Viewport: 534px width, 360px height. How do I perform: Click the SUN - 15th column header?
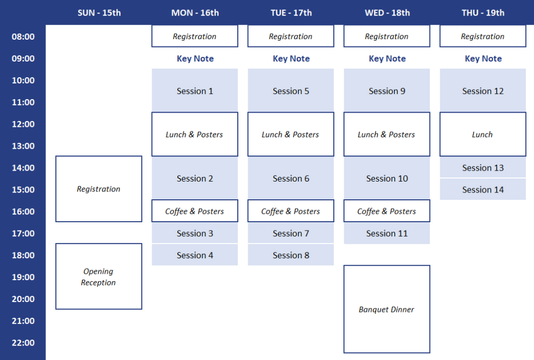(x=99, y=13)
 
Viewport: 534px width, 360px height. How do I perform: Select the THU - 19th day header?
(x=483, y=13)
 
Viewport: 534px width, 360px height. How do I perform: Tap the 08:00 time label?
(x=23, y=37)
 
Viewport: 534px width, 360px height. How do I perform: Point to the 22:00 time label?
(x=23, y=343)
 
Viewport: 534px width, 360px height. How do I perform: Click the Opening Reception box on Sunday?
(x=99, y=277)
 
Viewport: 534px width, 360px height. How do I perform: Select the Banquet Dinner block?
(x=386, y=309)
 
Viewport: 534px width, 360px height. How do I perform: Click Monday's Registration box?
(x=195, y=37)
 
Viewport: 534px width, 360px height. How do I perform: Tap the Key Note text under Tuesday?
(x=291, y=59)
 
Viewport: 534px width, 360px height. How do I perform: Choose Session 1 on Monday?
(x=195, y=91)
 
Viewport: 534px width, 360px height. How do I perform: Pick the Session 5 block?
(x=291, y=91)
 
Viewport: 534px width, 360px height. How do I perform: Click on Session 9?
(x=386, y=91)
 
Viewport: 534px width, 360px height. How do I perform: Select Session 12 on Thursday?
(x=483, y=91)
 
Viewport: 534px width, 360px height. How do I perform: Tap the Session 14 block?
(x=483, y=189)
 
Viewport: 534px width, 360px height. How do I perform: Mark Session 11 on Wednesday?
(x=386, y=233)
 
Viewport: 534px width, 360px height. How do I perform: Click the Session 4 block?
(x=195, y=255)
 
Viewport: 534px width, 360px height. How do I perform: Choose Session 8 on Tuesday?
(x=291, y=255)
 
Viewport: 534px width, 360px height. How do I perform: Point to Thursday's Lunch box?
(x=483, y=135)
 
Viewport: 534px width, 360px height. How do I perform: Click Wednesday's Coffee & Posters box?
(x=386, y=211)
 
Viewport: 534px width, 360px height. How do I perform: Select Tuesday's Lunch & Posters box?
(x=291, y=135)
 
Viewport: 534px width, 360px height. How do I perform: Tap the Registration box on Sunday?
(x=99, y=189)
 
